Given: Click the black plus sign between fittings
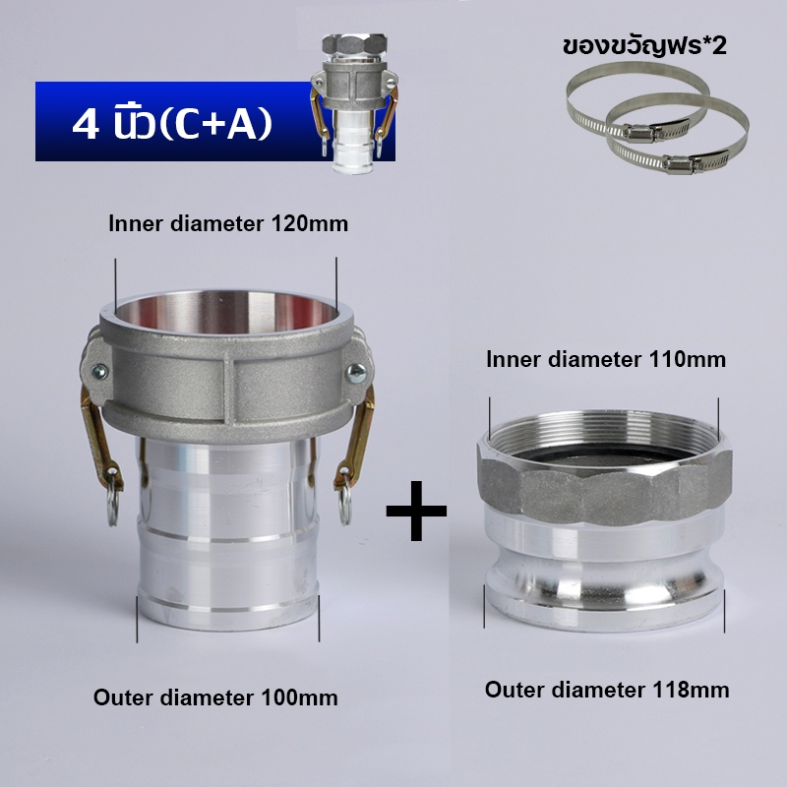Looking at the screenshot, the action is [416, 511].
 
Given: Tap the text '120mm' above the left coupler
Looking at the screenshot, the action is [309, 224].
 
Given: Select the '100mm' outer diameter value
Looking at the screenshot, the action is [299, 697].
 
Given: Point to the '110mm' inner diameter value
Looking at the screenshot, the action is [687, 359].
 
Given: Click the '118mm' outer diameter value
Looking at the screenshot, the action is [691, 690].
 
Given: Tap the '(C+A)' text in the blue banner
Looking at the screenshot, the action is [215, 124].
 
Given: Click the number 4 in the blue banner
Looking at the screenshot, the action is [85, 124].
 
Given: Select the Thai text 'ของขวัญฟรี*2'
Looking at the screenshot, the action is [644, 46].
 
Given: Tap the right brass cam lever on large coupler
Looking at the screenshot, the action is [356, 437].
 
